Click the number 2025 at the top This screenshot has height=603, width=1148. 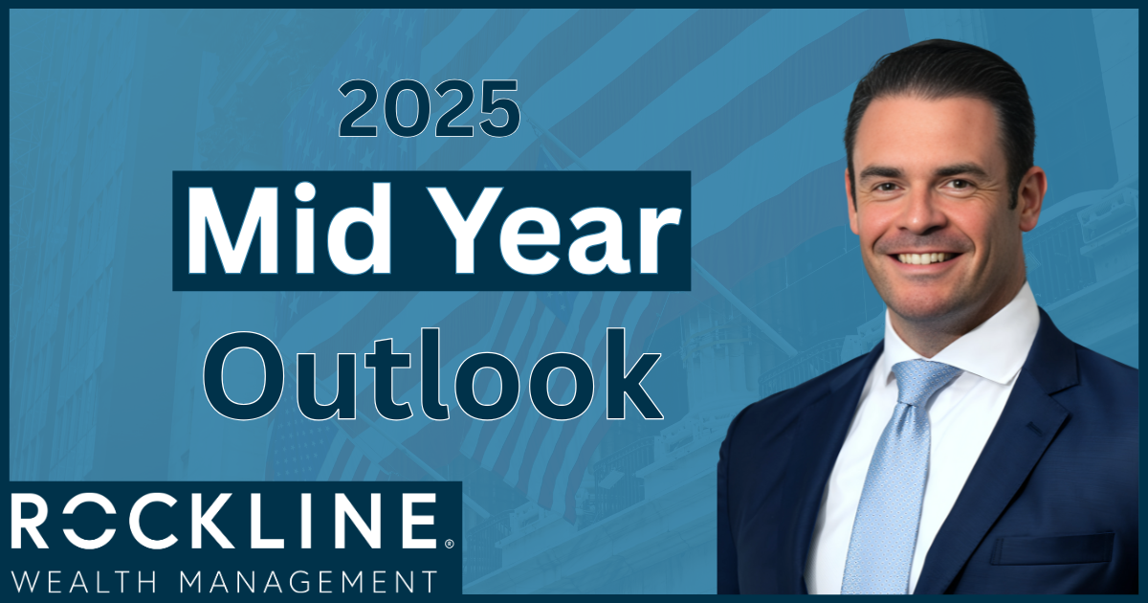coord(430,109)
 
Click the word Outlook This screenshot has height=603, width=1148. coord(433,374)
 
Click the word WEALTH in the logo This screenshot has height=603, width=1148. coord(84,583)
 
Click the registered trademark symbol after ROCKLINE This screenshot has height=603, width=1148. coord(448,544)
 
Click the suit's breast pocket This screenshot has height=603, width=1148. coord(1050,548)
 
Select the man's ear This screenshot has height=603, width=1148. coord(1031,190)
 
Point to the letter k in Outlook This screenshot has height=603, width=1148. coord(631,374)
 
